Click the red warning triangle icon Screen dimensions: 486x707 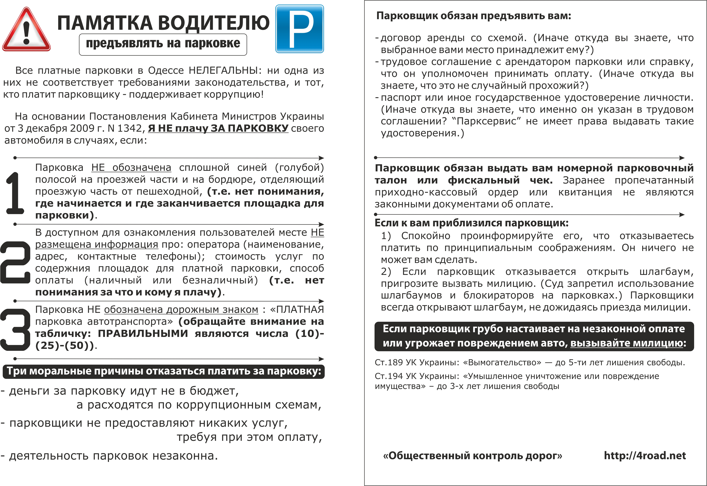coord(26,31)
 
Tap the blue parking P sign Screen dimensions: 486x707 coord(300,29)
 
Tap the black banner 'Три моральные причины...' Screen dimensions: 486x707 coord(164,371)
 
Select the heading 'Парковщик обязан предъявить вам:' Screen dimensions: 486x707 coord(474,16)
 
